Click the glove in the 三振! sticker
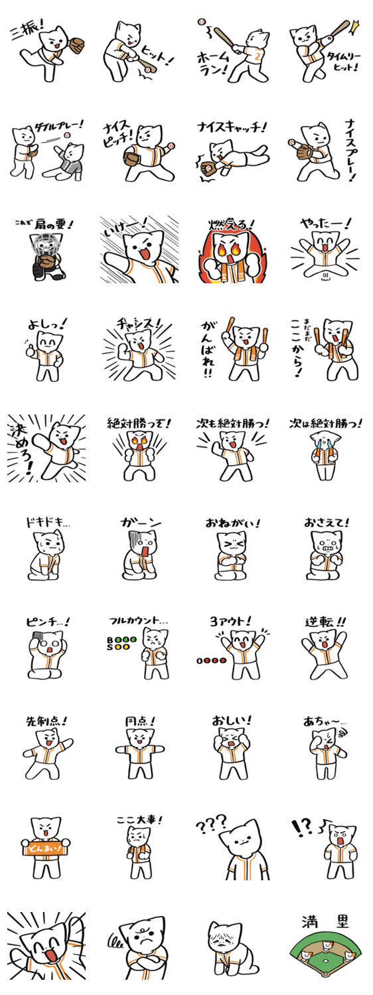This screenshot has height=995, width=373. click(x=76, y=44)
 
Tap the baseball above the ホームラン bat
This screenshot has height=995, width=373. click(x=203, y=21)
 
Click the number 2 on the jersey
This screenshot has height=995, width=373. click(x=257, y=56)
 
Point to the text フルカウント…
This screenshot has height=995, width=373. click(x=139, y=621)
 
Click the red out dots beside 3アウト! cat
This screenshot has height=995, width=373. click(x=212, y=661)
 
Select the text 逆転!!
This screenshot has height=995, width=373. click(x=325, y=622)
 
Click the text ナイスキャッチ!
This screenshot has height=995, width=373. click(x=232, y=127)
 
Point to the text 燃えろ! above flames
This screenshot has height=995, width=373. click(x=232, y=225)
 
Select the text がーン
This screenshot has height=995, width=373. click(x=141, y=523)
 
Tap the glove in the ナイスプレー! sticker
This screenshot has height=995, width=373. click(x=304, y=151)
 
